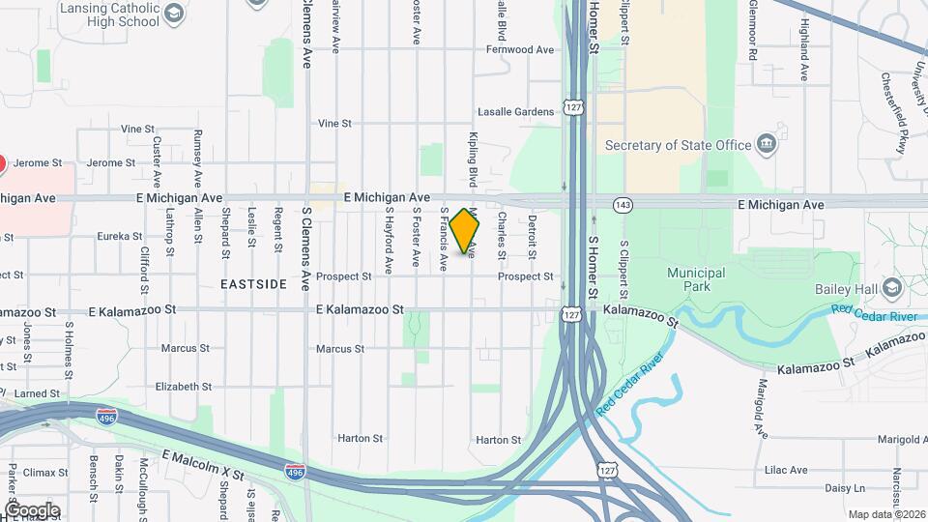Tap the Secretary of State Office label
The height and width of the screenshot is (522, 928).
[678, 145]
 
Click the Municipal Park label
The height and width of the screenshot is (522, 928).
[695, 279]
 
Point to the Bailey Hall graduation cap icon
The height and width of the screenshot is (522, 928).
[890, 288]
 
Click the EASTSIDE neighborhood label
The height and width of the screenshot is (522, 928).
[253, 284]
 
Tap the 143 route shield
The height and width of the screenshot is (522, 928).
[623, 205]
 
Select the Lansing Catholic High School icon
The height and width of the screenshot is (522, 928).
[173, 14]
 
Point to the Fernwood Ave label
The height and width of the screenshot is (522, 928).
[520, 49]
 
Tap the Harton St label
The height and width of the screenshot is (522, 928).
[361, 438]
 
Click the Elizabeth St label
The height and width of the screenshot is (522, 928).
[184, 387]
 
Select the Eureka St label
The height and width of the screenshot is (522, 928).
[119, 236]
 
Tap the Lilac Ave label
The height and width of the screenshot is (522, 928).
[785, 471]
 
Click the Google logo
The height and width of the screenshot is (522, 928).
[32, 510]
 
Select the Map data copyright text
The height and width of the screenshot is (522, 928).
[886, 514]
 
